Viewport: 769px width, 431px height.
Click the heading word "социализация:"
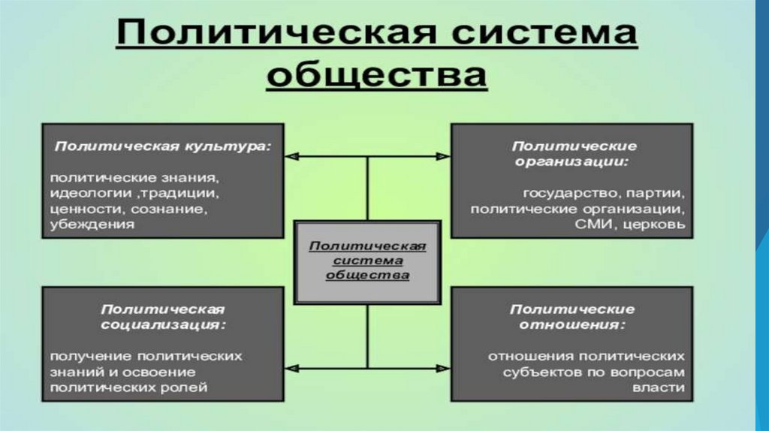tap(163, 324)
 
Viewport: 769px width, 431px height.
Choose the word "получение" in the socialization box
tap(83, 357)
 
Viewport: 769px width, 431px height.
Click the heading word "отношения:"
tap(572, 324)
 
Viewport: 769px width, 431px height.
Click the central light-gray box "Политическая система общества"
tap(367, 261)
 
